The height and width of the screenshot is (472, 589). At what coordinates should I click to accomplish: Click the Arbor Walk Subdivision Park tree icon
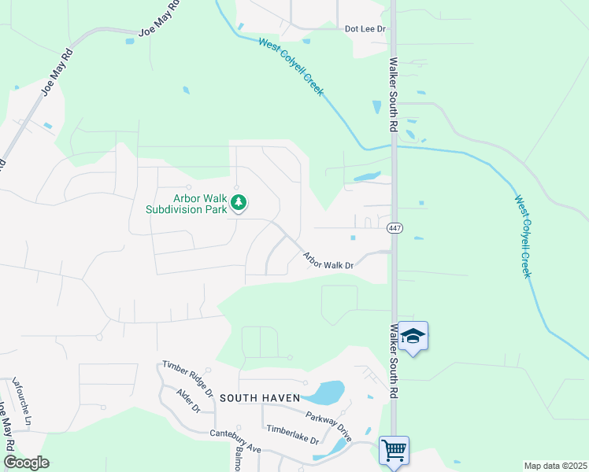(x=238, y=204)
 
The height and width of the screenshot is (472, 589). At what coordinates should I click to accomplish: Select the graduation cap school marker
(x=413, y=337)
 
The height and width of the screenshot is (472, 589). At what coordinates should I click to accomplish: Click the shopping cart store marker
(x=394, y=451)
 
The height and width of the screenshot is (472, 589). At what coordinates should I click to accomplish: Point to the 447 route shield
(x=395, y=228)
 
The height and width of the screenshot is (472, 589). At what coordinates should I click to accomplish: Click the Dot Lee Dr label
(x=365, y=29)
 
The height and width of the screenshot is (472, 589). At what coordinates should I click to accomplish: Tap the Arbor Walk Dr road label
(x=329, y=260)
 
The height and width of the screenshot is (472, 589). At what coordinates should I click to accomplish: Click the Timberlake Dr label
(x=291, y=434)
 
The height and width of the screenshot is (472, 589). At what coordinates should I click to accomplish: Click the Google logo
(x=25, y=463)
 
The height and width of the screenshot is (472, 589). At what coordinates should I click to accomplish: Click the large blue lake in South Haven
(x=325, y=392)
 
